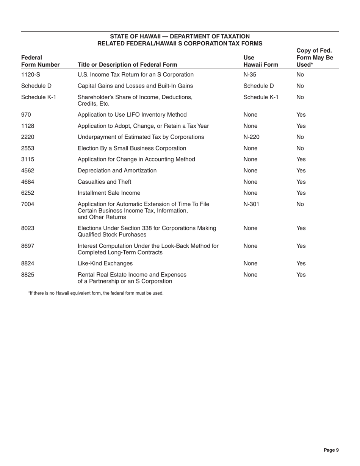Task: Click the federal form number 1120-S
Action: tap(31, 75)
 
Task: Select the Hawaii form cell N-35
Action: tap(250, 75)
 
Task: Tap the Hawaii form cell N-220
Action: tap(251, 137)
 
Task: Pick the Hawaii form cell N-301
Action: tap(251, 205)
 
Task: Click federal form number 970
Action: tap(26, 115)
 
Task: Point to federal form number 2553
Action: tap(28, 148)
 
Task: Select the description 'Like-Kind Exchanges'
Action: tap(105, 263)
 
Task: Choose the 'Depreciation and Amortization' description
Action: tap(117, 170)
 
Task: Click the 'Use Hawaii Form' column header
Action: tap(261, 61)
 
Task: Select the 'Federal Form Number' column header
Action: tap(41, 61)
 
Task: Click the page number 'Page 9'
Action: tap(331, 450)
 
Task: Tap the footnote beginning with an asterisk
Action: tap(96, 293)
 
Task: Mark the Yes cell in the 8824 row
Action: tap(301, 263)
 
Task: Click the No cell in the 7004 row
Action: tap(300, 205)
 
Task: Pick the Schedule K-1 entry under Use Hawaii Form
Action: tap(261, 97)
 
